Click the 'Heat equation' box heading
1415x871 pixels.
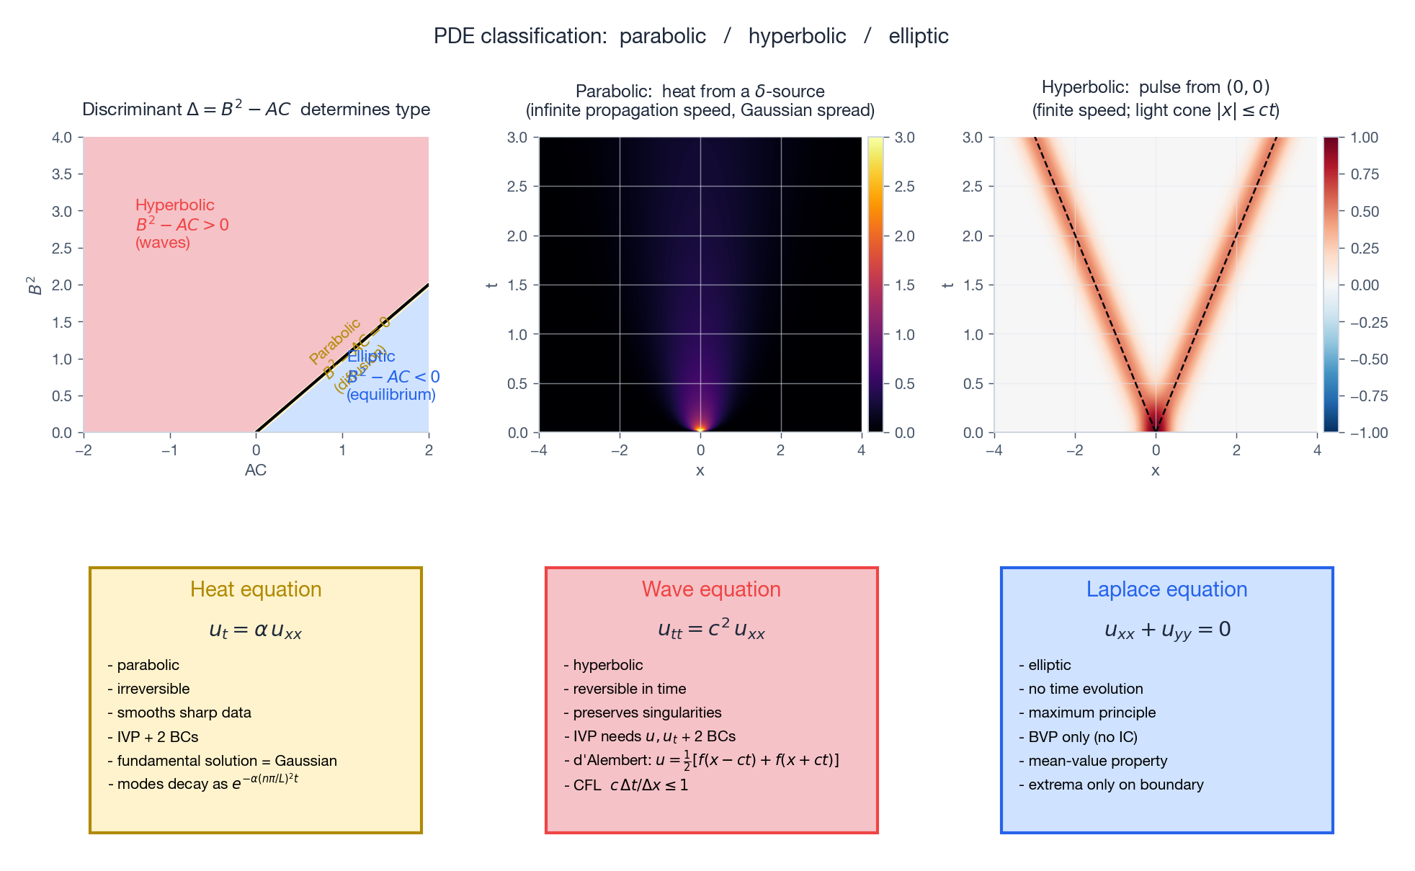pyautogui.click(x=256, y=589)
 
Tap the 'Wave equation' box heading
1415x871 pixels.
pyautogui.click(x=711, y=589)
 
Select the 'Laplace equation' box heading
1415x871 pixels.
pyautogui.click(x=1166, y=589)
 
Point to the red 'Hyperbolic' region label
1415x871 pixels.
pyautogui.click(x=175, y=205)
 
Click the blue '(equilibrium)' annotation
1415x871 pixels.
pyautogui.click(x=391, y=395)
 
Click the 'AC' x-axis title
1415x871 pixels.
pyautogui.click(x=256, y=470)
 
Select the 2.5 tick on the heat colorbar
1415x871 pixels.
pyautogui.click(x=904, y=187)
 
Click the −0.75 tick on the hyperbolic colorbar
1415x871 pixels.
pyautogui.click(x=1368, y=396)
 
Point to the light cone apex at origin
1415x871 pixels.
pyautogui.click(x=1156, y=432)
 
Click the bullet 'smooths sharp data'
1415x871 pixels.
pyautogui.click(x=184, y=713)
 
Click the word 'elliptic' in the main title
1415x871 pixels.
pyautogui.click(x=918, y=36)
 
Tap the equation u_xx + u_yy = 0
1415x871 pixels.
pyautogui.click(x=1166, y=630)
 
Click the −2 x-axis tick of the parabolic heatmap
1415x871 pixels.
pyautogui.click(x=620, y=450)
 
